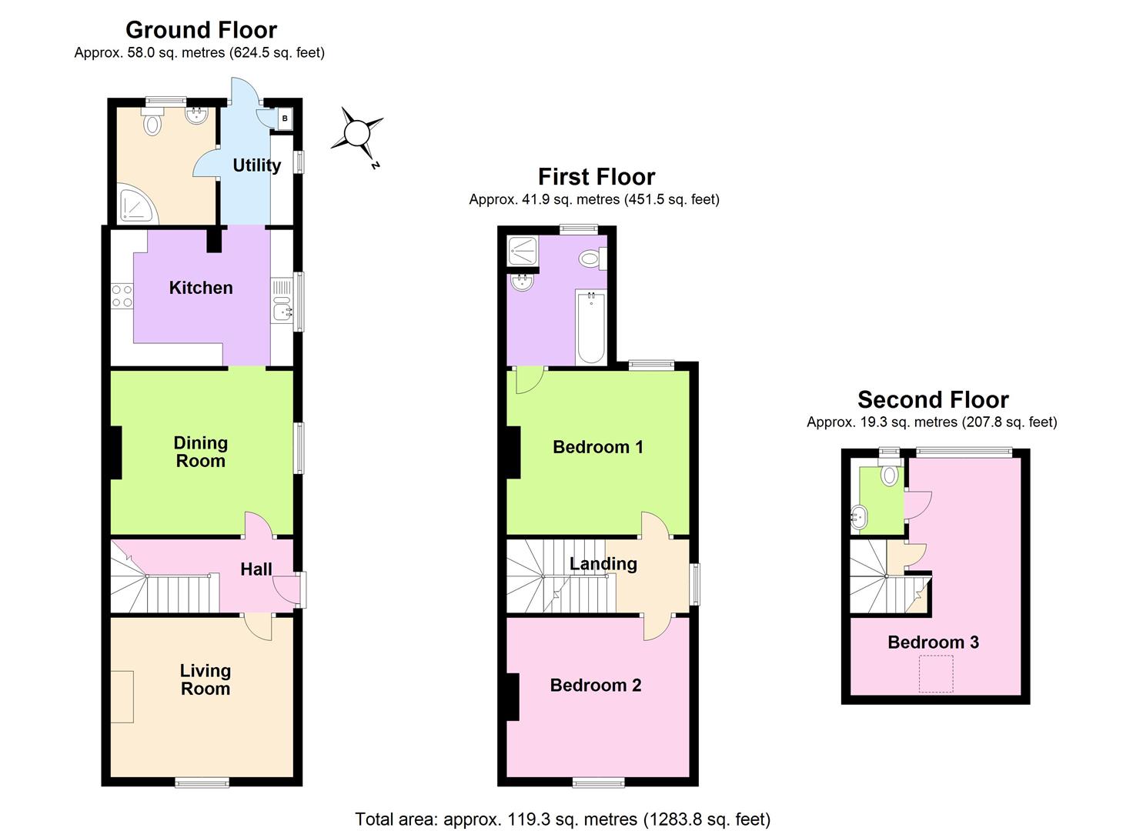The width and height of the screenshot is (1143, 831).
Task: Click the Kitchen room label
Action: click(201, 288)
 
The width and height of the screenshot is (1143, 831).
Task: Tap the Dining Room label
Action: click(200, 452)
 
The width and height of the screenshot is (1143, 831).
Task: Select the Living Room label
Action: click(206, 679)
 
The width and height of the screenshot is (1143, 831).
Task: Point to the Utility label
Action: click(256, 165)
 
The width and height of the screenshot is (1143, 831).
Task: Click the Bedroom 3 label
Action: click(933, 642)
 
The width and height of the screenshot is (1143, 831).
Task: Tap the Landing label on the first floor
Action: click(603, 564)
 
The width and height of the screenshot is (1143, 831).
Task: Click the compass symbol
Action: click(357, 133)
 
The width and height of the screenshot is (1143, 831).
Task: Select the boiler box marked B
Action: click(285, 118)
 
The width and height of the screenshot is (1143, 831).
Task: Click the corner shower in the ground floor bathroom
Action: click(136, 205)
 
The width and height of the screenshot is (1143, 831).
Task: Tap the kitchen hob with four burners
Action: click(122, 296)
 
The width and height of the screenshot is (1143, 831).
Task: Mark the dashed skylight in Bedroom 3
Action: click(936, 673)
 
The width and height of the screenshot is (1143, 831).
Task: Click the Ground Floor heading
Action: click(201, 30)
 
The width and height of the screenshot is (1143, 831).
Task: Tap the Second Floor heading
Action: click(933, 400)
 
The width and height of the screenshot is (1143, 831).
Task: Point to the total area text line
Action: click(562, 819)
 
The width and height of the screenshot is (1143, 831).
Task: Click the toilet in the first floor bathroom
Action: click(592, 259)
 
